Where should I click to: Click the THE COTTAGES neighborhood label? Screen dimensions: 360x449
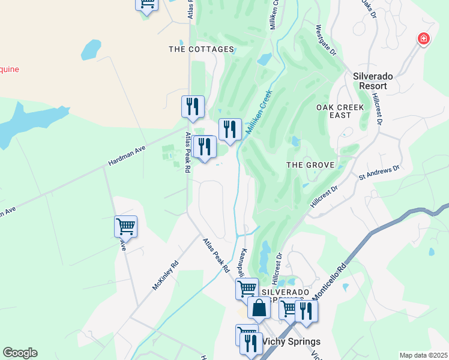point(201,49)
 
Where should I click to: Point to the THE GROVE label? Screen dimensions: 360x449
point(310,164)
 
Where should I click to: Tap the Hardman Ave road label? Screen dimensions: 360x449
point(127,155)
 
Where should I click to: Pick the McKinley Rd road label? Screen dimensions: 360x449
point(166,275)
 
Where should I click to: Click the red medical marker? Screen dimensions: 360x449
point(424,39)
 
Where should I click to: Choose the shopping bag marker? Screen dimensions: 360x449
point(259,308)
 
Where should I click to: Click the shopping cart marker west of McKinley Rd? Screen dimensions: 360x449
point(125,227)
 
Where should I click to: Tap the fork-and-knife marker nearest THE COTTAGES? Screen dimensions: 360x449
point(193,107)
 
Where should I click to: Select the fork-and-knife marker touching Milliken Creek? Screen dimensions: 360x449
point(229,129)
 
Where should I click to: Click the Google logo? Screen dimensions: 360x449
point(20,353)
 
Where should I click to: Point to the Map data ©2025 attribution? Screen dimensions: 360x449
point(423,355)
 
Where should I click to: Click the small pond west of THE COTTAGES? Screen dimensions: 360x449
point(91,49)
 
